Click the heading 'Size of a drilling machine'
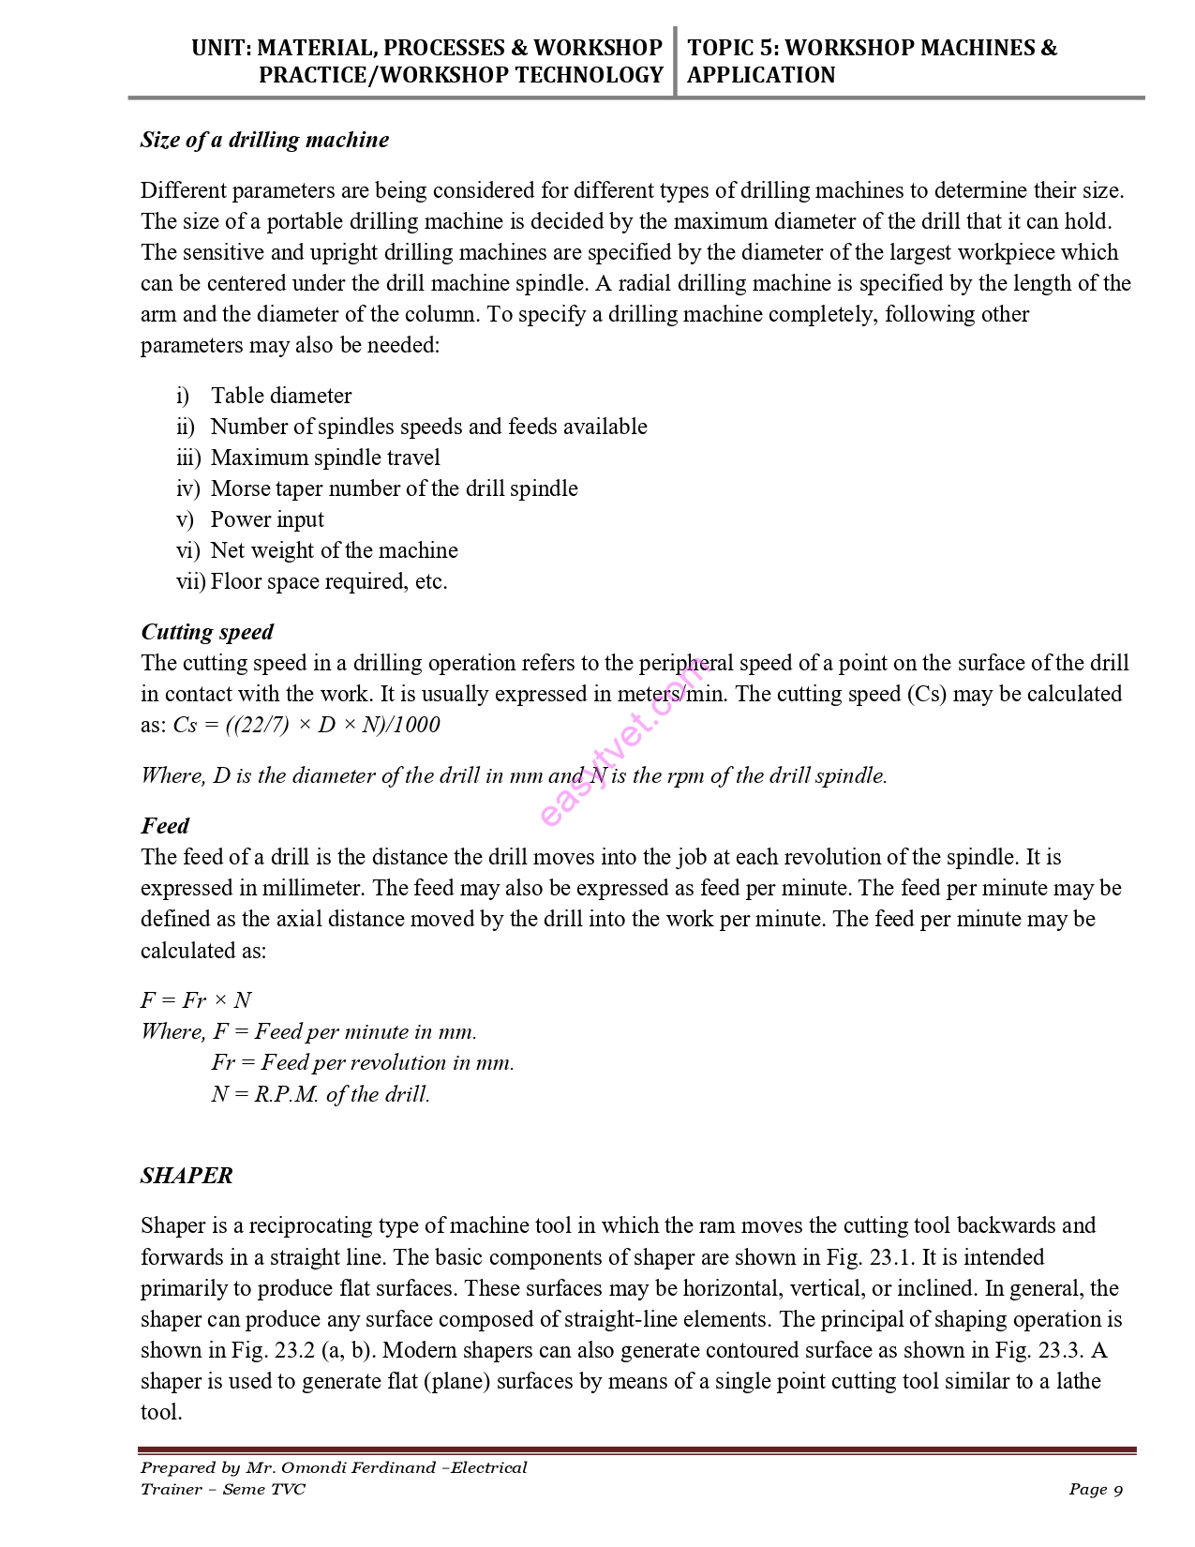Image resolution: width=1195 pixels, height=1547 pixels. pyautogui.click(x=264, y=140)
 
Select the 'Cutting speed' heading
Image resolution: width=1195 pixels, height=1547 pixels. pyautogui.click(x=207, y=632)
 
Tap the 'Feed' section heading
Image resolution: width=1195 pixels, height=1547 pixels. pyautogui.click(x=165, y=826)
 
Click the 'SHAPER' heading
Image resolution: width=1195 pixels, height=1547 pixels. pyautogui.click(x=187, y=1176)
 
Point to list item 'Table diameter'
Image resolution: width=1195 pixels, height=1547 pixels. pyautogui.click(x=281, y=396)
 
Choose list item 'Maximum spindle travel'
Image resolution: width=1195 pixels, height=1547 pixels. pyautogui.click(x=325, y=458)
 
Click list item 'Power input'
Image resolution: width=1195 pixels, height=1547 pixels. pyautogui.click(x=267, y=519)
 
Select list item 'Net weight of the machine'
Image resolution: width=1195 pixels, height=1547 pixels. pyautogui.click(x=335, y=550)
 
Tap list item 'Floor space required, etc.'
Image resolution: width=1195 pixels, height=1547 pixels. pyautogui.click(x=329, y=581)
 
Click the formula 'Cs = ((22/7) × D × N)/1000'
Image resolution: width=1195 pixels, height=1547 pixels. pyautogui.click(x=306, y=725)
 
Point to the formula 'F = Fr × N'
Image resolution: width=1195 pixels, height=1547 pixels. pyautogui.click(x=196, y=1000)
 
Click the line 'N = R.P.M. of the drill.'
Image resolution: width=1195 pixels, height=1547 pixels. pyautogui.click(x=321, y=1094)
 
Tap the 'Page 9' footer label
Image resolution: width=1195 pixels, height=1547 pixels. pyautogui.click(x=1095, y=1490)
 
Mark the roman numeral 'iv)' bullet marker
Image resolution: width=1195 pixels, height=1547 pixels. pyautogui.click(x=187, y=488)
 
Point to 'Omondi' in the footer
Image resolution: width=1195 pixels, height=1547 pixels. pyautogui.click(x=321, y=1468)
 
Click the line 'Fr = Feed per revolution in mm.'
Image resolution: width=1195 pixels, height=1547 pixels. pyautogui.click(x=363, y=1062)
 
